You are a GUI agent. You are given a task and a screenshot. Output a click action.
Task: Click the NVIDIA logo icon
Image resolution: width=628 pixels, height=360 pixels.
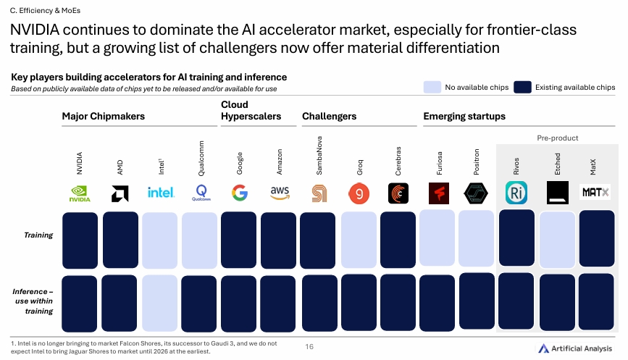coord(80,193)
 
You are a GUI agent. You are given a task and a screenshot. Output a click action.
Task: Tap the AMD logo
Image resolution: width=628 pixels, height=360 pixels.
coord(120,193)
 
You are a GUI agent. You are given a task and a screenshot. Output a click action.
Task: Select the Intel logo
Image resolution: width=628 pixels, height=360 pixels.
coord(160,193)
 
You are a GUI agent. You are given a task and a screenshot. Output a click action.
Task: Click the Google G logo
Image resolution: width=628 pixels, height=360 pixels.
coord(239,193)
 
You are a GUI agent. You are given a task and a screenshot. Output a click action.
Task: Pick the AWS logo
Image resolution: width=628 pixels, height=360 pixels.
coord(279,192)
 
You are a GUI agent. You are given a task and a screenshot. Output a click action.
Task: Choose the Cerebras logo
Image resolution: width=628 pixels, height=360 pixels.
coord(398,193)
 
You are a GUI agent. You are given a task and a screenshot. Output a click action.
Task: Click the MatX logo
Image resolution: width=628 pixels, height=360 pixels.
coord(596,193)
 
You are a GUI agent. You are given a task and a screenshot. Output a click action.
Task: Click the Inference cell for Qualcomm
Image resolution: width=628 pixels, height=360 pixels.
coord(200,302)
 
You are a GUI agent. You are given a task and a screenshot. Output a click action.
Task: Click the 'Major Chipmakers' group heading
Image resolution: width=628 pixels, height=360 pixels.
coord(103,116)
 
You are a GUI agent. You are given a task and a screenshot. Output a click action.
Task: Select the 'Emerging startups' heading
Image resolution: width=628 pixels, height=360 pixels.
coord(464,116)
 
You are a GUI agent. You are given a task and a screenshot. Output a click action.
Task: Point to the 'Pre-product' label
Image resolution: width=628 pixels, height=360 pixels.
coord(557,138)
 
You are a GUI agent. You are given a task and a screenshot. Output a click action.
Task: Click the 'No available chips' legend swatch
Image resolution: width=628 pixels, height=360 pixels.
coord(432,88)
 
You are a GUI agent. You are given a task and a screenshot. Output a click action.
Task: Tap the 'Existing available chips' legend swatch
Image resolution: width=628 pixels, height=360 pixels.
coord(523,88)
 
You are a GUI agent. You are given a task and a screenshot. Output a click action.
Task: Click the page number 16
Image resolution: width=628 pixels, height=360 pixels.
coord(309,347)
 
